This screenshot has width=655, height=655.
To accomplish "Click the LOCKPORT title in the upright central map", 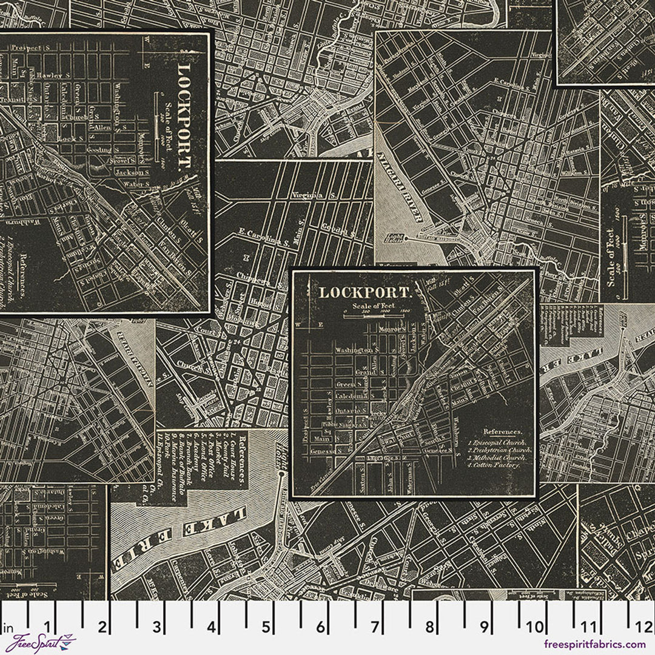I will (365, 292).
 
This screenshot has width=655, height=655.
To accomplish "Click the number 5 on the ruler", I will (266, 625).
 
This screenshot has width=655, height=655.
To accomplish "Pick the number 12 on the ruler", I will (645, 625).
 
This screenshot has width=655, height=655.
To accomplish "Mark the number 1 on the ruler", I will (48, 625).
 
